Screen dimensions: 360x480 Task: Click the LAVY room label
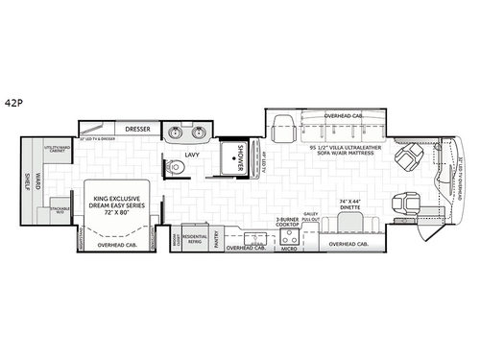pyautogui.click(x=188, y=155)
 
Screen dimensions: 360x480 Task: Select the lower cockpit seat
pyautogui.click(x=404, y=204)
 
